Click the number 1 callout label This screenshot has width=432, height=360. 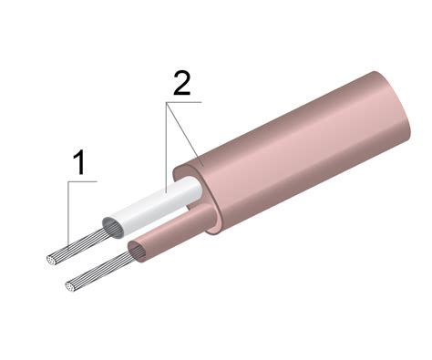[x=79, y=163]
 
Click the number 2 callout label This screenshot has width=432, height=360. [x=181, y=83]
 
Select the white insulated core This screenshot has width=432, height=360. [x=153, y=208]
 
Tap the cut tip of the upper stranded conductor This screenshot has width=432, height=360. [x=51, y=261]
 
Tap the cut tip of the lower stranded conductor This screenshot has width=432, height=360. [x=71, y=286]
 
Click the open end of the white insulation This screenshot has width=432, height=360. [x=113, y=228]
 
